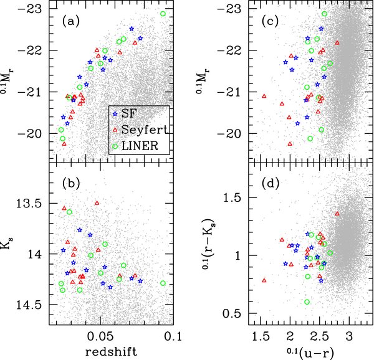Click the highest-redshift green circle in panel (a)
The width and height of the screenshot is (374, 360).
(163, 14)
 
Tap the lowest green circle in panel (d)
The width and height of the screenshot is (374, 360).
(307, 301)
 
